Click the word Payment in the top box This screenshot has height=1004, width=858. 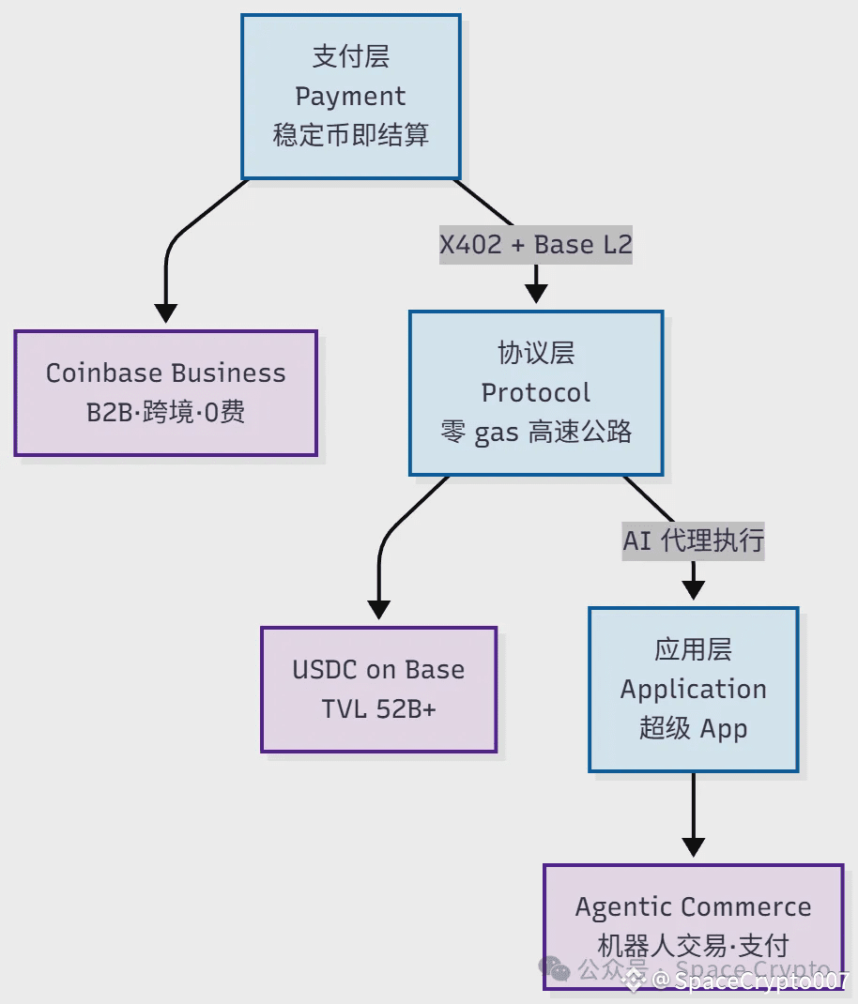tap(350, 97)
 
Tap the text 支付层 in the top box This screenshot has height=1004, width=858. tap(350, 57)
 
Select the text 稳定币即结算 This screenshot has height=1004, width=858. tap(350, 135)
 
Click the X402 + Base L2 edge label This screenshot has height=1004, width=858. tap(536, 245)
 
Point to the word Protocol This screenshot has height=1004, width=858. tap(536, 392)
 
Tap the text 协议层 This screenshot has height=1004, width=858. tap(536, 353)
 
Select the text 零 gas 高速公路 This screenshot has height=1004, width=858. tap(536, 432)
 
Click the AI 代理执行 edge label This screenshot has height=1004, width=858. tap(693, 540)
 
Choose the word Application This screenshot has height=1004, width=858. tap(693, 689)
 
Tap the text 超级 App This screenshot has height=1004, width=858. tap(693, 728)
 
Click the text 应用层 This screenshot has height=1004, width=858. tap(693, 649)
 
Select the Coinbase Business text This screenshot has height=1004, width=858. tap(165, 373)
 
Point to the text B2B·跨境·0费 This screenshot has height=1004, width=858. tap(165, 412)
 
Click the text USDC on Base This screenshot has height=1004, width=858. tap(378, 670)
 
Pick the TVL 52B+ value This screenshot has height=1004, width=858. tap(378, 708)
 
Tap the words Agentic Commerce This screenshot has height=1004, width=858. tap(693, 907)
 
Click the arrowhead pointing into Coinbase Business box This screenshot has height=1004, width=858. tap(165, 314)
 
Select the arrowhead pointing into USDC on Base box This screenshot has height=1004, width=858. tap(378, 610)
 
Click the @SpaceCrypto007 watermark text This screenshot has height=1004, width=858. tap(751, 981)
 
